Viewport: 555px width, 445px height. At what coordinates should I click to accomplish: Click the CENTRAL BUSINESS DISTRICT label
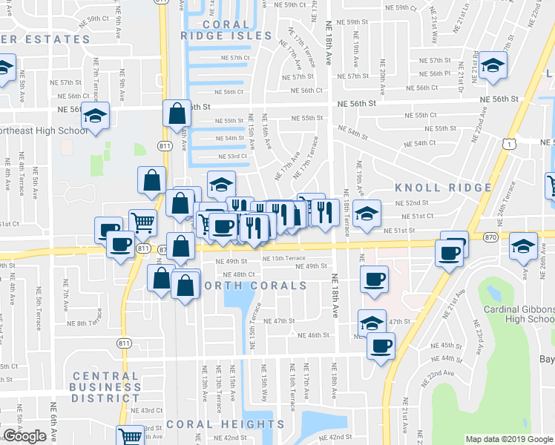coord(106,386)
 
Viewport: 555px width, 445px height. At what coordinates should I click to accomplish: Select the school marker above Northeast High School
coord(94,115)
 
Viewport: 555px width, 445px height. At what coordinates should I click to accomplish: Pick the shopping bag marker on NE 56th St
coord(177,113)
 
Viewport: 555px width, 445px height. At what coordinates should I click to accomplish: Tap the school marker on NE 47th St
coord(372,323)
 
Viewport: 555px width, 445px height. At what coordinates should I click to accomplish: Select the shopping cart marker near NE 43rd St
coord(131,436)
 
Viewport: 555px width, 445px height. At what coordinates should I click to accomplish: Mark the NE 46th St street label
coord(312,335)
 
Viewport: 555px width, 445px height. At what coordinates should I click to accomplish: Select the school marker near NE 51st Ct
coord(367,214)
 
